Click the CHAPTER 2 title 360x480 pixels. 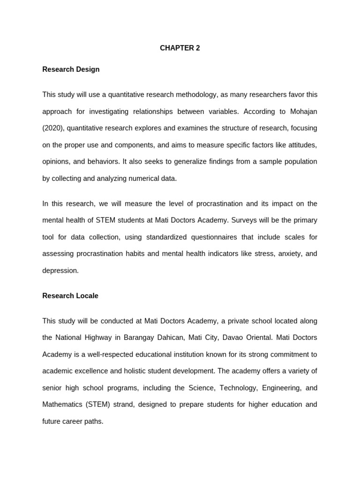tap(180, 48)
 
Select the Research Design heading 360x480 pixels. tap(71, 69)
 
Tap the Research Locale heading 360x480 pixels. tap(70, 296)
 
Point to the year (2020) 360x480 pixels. tap(53, 128)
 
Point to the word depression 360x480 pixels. tap(60, 270)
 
